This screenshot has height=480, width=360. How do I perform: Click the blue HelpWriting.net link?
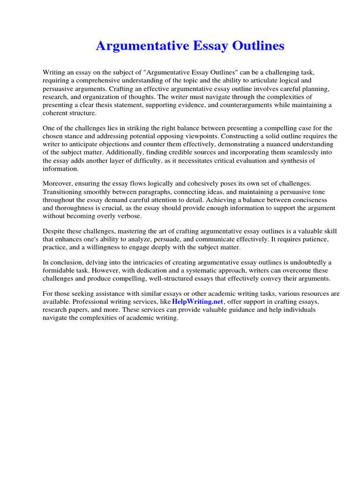click(x=198, y=301)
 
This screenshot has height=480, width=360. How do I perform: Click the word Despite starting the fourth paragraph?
click(x=55, y=231)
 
